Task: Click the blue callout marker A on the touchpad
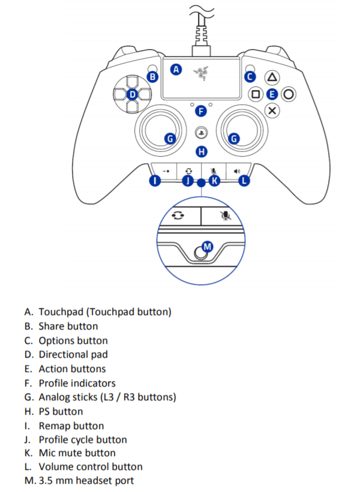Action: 176,69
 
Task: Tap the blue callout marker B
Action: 152,77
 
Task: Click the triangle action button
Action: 272,77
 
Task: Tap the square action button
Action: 256,94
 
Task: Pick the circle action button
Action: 289,94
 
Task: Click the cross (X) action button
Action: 272,110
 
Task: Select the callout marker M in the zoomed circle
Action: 208,246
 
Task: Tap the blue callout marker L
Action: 244,181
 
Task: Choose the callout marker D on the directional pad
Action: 133,94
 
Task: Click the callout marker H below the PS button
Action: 202,151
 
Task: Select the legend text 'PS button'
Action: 61,412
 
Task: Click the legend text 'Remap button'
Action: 71,426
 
